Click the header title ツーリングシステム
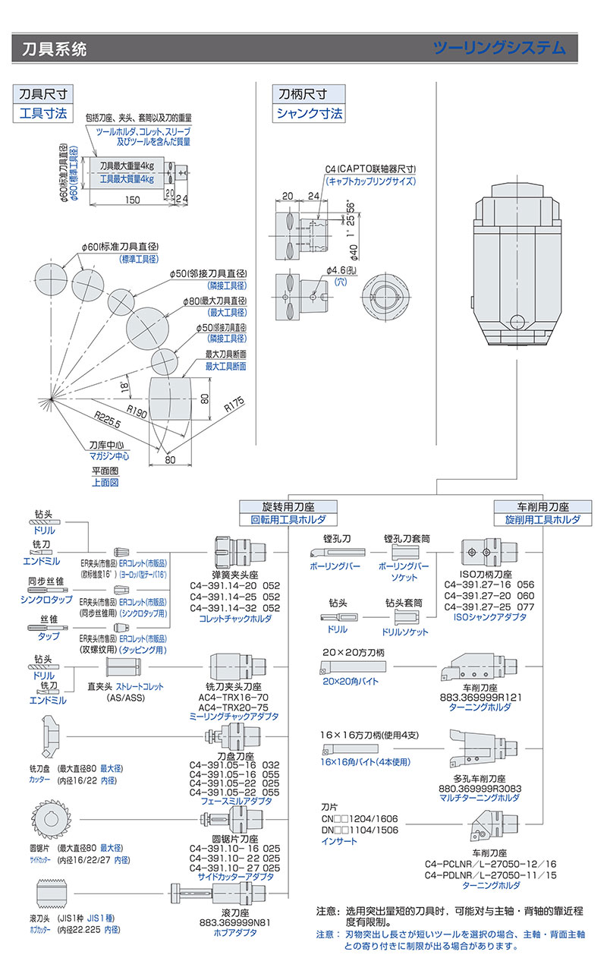click(498, 48)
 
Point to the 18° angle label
click(124, 386)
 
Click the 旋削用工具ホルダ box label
click(542, 520)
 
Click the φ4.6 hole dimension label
click(336, 270)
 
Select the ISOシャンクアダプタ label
click(489, 617)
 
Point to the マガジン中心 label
click(109, 455)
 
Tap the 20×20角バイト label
click(350, 682)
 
